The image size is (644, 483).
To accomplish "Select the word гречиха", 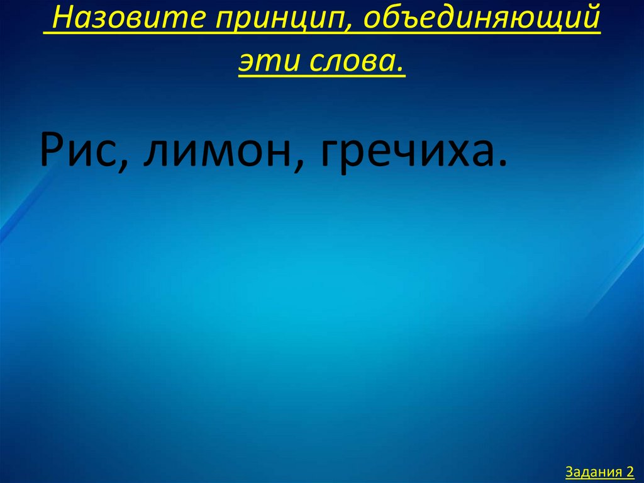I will point(406,151).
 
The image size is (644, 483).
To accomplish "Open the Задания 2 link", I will point(599,471).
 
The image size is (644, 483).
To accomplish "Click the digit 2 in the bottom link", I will point(629,471).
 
